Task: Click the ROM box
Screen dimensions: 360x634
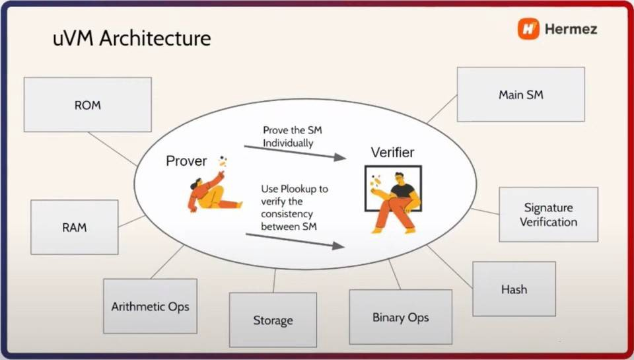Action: coord(87,104)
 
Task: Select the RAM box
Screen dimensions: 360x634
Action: coord(74,227)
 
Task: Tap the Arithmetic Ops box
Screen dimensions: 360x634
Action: coord(150,306)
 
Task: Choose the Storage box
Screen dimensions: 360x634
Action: coord(273,320)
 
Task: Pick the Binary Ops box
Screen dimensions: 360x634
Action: coord(400,317)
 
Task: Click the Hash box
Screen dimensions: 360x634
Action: coord(514,289)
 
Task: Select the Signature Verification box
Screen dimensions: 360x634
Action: coord(548,215)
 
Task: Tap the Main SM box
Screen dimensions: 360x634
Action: coord(520,94)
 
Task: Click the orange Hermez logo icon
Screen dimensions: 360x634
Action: coord(528,29)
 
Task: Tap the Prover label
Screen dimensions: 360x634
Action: coord(186,161)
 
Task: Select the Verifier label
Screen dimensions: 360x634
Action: coord(392,153)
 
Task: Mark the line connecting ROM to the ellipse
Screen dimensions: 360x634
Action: coord(112,149)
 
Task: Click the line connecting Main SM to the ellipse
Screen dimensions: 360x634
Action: coord(442,108)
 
